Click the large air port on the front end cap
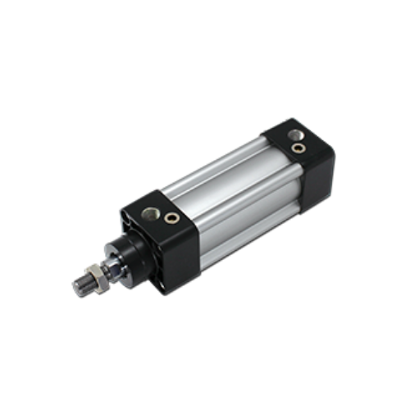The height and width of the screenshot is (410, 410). point(151,215)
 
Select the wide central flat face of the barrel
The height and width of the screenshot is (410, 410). point(238,205)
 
